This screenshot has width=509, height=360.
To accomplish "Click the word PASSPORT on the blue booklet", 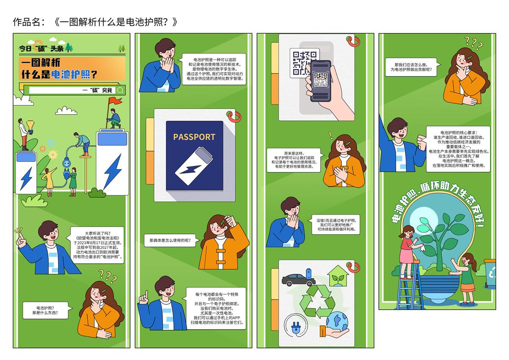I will [194, 137].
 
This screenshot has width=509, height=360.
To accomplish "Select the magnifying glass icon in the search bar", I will [120, 90].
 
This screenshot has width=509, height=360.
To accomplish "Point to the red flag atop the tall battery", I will [115, 101].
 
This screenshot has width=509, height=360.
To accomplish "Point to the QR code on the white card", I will [304, 62].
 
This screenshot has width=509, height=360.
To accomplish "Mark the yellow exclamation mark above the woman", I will [330, 135].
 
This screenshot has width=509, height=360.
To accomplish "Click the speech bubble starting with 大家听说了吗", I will [98, 245].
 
